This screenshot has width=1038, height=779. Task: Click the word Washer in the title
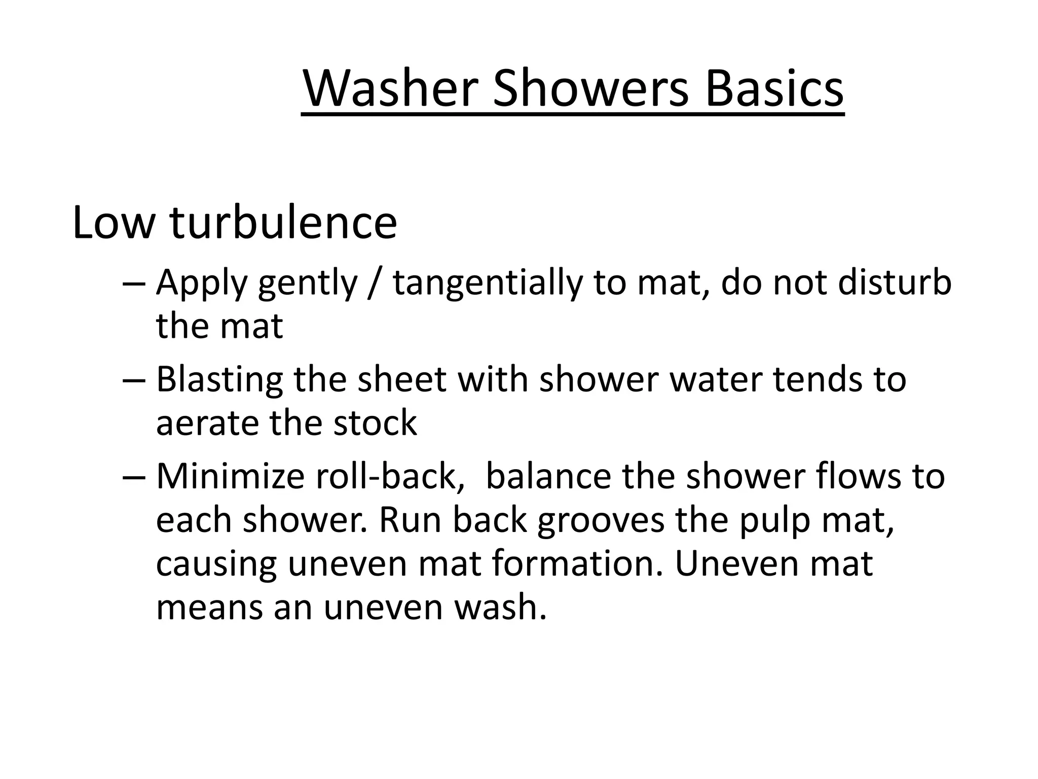pos(390,89)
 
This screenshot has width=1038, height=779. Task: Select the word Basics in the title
pos(774,89)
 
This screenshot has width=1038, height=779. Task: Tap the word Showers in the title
pos(590,89)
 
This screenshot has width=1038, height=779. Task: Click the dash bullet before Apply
pos(134,283)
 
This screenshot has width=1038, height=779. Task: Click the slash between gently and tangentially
pos(375,283)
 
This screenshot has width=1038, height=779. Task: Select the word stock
pos(375,423)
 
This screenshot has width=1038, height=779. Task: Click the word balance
pos(548,477)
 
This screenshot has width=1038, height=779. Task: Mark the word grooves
pos(601,521)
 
